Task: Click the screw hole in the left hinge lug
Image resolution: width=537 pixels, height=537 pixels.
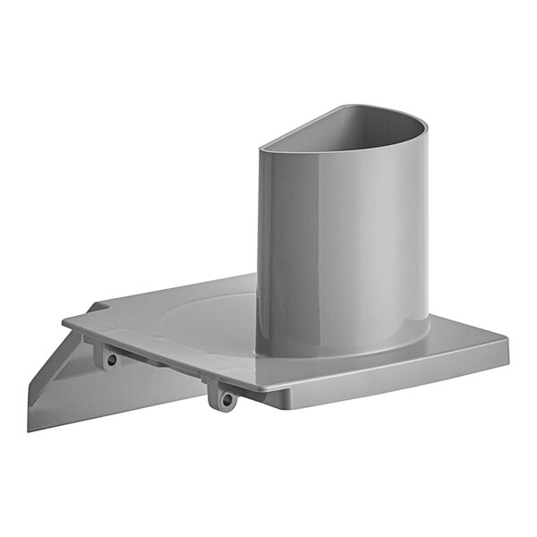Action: (112, 360)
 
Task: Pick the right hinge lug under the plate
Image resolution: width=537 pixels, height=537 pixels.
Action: (224, 394)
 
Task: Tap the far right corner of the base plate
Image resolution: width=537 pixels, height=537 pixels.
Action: (507, 340)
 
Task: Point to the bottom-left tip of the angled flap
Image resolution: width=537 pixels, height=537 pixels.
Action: (29, 428)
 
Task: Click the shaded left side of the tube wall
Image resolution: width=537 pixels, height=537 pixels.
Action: (268, 251)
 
